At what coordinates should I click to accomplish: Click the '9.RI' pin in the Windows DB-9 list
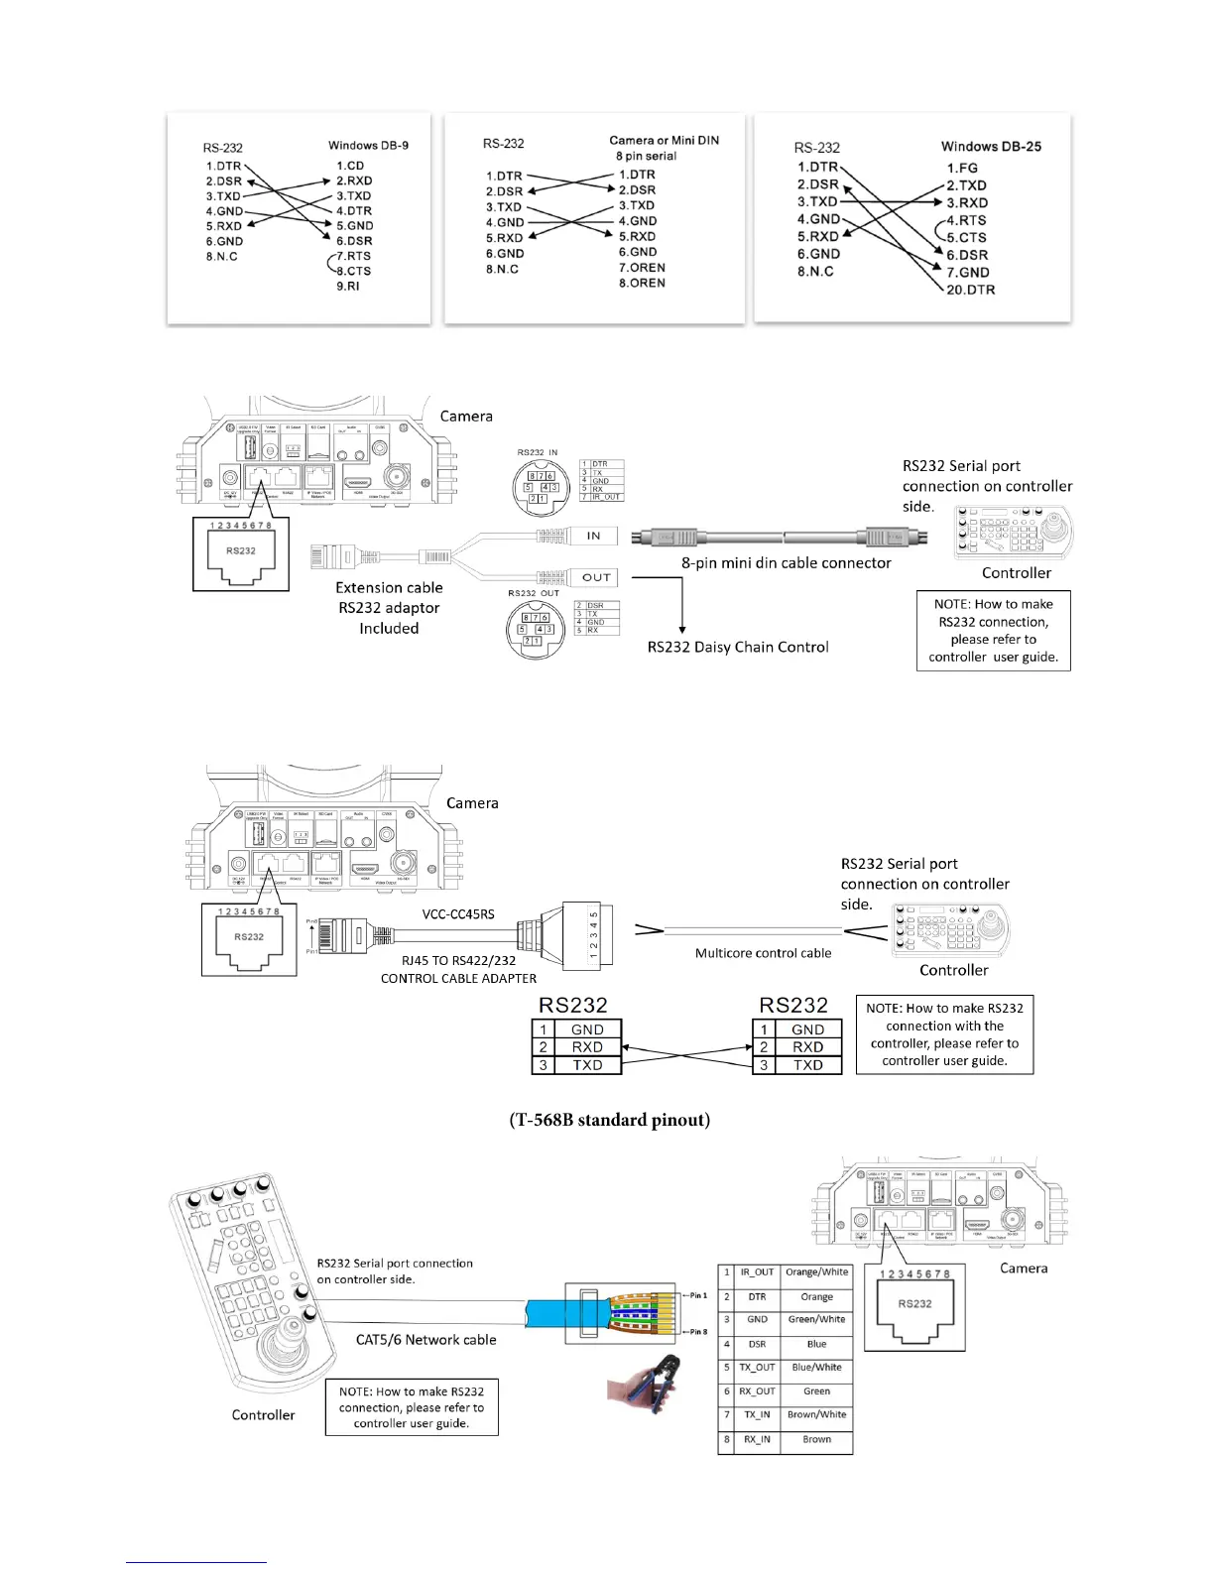click(348, 286)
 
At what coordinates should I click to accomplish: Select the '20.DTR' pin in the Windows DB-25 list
click(970, 290)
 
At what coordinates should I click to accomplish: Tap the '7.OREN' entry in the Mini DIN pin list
click(642, 268)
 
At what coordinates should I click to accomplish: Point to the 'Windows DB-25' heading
click(991, 146)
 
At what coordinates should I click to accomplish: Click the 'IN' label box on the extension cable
click(593, 536)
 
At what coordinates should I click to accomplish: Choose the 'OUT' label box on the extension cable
click(596, 577)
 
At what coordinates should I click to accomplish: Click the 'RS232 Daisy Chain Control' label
click(738, 647)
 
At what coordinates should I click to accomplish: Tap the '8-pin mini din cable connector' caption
click(786, 562)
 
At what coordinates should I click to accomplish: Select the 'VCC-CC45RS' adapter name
click(458, 913)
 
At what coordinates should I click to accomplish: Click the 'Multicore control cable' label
click(763, 953)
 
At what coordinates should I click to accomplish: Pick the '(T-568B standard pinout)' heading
click(610, 1120)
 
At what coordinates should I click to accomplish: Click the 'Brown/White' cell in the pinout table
click(816, 1415)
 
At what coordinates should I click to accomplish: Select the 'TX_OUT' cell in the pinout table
click(757, 1368)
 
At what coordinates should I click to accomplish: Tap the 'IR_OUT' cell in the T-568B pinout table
click(757, 1272)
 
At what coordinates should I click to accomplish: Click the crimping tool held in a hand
click(643, 1383)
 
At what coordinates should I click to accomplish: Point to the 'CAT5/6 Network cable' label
click(426, 1340)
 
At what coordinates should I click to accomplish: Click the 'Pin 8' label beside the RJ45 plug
click(697, 1332)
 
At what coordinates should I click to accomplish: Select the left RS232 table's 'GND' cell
click(587, 1029)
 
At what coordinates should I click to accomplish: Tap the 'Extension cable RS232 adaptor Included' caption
click(389, 608)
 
